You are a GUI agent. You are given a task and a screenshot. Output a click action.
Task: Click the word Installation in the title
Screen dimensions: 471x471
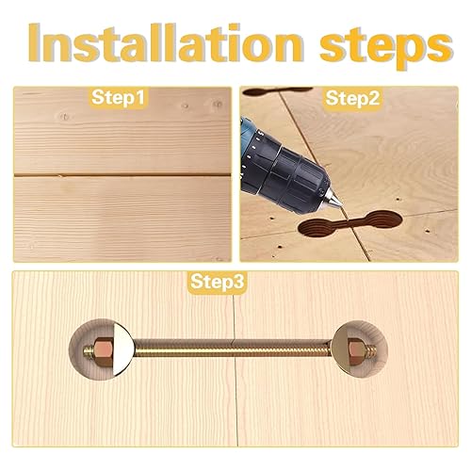pyautogui.click(x=166, y=42)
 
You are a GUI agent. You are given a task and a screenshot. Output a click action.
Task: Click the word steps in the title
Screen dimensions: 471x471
pyautogui.click(x=386, y=47)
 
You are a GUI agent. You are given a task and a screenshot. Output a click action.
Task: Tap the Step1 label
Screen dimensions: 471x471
pyautogui.click(x=118, y=97)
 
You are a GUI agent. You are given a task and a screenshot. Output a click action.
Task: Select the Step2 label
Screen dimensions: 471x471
pyautogui.click(x=352, y=98)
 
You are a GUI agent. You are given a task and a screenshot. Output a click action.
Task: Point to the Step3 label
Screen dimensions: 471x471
pyautogui.click(x=217, y=281)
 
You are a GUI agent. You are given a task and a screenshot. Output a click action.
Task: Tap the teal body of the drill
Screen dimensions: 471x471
pyautogui.click(x=249, y=138)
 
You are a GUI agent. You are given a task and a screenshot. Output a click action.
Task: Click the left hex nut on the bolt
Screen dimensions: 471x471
pyautogui.click(x=104, y=349)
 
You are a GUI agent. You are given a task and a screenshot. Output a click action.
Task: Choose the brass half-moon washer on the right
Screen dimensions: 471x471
pyautogui.click(x=340, y=349)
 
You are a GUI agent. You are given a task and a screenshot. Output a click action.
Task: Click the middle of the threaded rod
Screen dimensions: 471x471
pyautogui.click(x=233, y=349)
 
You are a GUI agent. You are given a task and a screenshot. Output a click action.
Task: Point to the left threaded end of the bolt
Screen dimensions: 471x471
pyautogui.click(x=89, y=349)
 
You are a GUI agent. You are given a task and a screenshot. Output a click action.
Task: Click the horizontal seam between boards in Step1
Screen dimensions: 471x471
pyautogui.click(x=122, y=175)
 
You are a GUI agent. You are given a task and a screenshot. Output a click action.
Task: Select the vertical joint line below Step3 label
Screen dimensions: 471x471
pyautogui.click(x=235, y=370)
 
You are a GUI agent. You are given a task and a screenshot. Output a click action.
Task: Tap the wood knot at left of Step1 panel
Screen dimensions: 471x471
pyautogui.click(x=65, y=117)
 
